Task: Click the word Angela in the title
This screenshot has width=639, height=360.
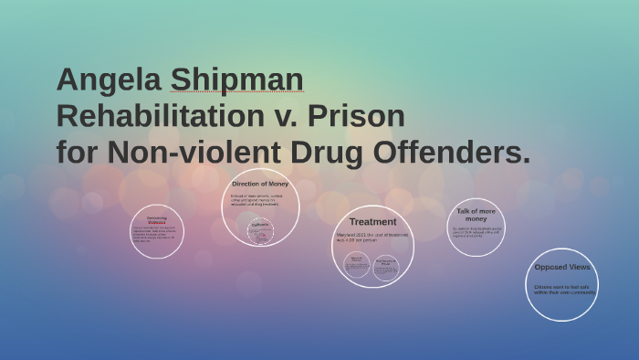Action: (x=109, y=80)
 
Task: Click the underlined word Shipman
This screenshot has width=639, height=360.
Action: (x=236, y=80)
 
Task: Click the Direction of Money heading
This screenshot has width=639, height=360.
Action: (x=260, y=184)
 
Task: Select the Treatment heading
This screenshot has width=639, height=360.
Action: (x=372, y=221)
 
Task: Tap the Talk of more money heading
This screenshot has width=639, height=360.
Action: (x=476, y=215)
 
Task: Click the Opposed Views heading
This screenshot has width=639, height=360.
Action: (x=562, y=267)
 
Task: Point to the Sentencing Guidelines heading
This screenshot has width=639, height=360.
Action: (x=157, y=219)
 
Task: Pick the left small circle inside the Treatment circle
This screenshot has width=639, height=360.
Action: (x=357, y=265)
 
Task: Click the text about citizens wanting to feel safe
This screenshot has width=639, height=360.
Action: (x=563, y=289)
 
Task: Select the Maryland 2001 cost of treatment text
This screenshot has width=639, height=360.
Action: (x=372, y=237)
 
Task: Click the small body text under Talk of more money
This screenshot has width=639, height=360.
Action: (x=475, y=233)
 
